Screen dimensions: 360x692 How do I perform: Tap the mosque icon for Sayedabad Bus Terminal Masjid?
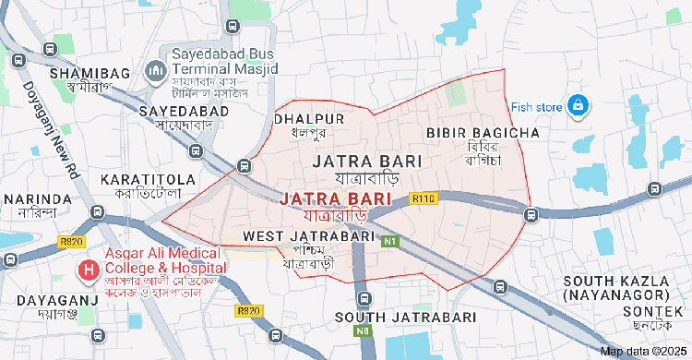click(156, 70)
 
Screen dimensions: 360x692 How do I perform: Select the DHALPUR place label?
click(310, 119)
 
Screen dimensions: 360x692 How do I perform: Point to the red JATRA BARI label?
click(335, 198)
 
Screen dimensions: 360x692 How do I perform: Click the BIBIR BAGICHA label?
click(483, 134)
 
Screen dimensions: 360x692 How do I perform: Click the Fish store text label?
click(536, 107)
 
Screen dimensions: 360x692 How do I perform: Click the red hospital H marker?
click(89, 270)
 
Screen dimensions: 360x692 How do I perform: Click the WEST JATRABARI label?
click(308, 236)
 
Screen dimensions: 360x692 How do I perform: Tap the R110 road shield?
click(424, 198)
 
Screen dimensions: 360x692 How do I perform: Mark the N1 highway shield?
click(390, 242)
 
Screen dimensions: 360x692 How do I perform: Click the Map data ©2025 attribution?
click(644, 351)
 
